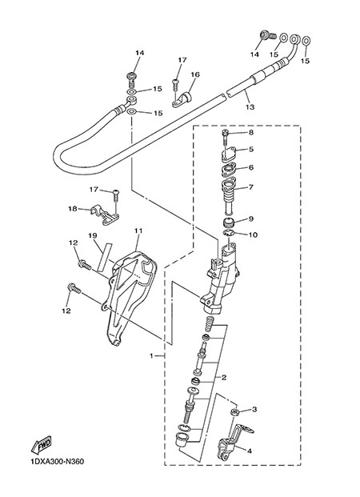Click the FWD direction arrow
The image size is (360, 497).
(41, 446)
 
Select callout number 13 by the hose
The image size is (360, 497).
(250, 107)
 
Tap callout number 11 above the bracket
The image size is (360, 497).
(138, 230)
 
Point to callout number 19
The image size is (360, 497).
(93, 236)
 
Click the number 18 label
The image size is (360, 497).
(73, 209)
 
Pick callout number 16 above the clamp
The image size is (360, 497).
(195, 74)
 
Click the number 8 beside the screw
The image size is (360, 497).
(251, 133)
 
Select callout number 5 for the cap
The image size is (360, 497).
(251, 149)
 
